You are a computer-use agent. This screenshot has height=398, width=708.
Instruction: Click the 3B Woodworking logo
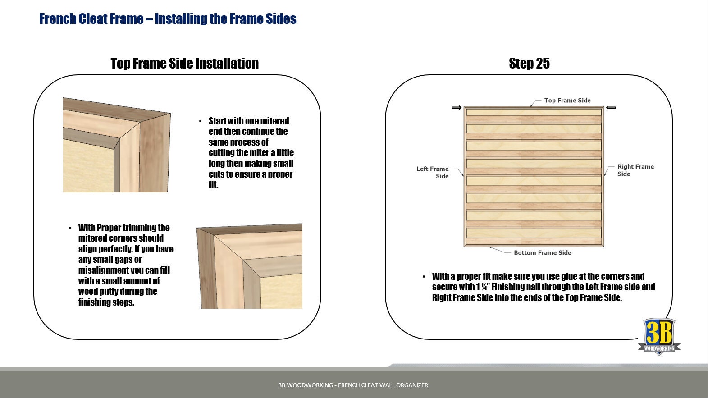click(659, 337)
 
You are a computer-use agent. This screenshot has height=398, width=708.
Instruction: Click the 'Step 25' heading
click(529, 63)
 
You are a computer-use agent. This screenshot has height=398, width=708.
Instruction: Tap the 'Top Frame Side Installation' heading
click(185, 63)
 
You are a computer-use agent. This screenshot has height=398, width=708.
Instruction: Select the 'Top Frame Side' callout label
click(567, 100)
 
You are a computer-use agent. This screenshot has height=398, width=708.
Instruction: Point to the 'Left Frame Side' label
click(432, 172)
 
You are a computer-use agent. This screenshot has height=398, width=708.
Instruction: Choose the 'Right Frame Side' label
click(635, 170)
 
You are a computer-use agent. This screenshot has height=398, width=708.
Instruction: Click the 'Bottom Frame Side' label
click(542, 252)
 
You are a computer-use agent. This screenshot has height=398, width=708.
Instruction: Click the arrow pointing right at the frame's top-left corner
click(457, 108)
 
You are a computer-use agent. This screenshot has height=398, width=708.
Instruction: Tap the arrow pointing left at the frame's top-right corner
click(611, 108)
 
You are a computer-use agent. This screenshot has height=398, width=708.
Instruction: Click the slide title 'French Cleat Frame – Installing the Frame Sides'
click(168, 18)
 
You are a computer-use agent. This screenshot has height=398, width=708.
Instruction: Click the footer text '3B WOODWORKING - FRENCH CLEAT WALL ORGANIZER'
click(353, 385)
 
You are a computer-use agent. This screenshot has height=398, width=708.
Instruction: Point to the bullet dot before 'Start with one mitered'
click(201, 121)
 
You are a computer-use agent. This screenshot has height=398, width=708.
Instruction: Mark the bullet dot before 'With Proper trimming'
click(70, 228)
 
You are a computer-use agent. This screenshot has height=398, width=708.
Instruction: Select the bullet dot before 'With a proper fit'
click(424, 277)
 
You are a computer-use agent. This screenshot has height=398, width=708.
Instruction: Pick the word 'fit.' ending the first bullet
click(213, 185)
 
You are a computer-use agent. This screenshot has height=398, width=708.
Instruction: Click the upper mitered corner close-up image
click(117, 145)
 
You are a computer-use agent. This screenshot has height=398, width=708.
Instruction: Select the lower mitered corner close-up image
click(249, 266)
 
